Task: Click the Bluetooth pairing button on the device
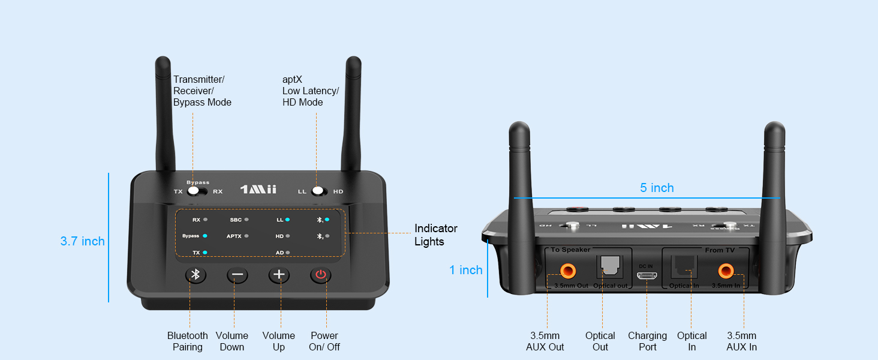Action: (195, 275)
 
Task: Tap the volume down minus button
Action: (237, 275)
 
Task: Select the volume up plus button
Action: (278, 275)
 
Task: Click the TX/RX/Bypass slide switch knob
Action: (193, 191)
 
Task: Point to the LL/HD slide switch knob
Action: (318, 191)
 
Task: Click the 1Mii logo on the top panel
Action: (258, 190)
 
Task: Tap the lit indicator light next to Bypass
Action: (205, 236)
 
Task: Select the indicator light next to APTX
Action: (246, 236)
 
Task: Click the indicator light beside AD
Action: (288, 253)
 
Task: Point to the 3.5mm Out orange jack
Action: (566, 271)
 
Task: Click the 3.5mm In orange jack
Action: (726, 271)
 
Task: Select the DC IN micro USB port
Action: (647, 275)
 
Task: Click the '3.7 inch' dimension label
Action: (83, 241)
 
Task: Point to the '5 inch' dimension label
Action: (657, 188)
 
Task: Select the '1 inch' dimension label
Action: (466, 270)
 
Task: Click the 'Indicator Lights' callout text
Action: (436, 235)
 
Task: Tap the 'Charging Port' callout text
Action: (647, 341)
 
